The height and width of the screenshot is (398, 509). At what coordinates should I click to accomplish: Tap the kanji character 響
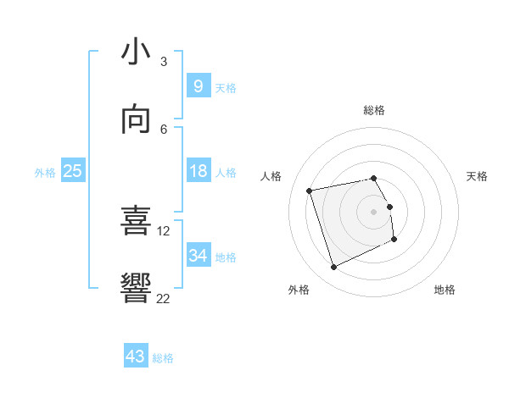[136, 288]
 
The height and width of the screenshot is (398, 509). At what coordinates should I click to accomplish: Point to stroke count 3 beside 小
[164, 62]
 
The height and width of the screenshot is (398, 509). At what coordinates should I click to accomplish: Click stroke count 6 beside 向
[164, 129]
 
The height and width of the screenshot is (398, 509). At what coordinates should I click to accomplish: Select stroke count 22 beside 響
[164, 298]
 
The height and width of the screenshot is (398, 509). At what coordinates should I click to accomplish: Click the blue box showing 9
[198, 86]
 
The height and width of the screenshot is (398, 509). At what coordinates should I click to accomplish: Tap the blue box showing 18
[198, 171]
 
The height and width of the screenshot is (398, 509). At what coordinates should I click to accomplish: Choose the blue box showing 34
[198, 256]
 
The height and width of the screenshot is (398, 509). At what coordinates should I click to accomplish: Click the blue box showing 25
[73, 171]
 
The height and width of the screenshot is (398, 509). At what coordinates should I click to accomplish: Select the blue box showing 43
[135, 357]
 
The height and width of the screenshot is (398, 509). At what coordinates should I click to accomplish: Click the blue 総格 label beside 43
[164, 358]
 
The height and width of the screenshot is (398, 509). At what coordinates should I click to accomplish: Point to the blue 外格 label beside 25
[45, 173]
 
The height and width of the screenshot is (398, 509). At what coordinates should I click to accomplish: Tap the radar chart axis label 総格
[374, 110]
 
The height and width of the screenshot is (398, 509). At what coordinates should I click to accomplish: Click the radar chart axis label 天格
[477, 176]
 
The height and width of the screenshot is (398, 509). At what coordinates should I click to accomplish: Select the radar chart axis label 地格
[445, 290]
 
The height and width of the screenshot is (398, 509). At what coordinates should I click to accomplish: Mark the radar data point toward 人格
[310, 190]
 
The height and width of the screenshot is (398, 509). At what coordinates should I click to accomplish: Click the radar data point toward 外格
[333, 268]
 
